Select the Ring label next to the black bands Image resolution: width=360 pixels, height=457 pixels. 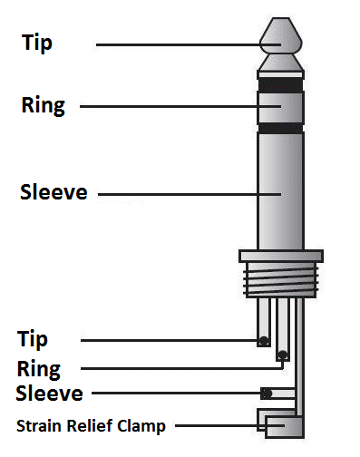coord(43,105)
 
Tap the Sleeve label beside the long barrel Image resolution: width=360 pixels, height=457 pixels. coord(54,192)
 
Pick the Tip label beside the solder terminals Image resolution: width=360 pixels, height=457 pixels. coord(33,340)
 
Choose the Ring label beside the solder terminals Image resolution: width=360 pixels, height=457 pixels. coord(39,369)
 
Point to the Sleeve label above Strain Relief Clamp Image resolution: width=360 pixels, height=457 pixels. coord(49,394)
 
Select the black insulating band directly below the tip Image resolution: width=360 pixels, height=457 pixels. coord(280,85)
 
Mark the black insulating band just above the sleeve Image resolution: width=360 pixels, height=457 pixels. coord(280,128)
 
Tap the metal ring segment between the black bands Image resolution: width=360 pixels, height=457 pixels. coord(280,107)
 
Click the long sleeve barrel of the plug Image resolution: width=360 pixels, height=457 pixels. coord(280,190)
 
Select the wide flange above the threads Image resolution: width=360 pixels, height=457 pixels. coord(280,256)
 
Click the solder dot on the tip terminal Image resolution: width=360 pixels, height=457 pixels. coord(263,341)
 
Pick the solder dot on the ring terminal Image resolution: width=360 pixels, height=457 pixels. coord(283,355)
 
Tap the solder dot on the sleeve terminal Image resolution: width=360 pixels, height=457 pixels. coord(266,394)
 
